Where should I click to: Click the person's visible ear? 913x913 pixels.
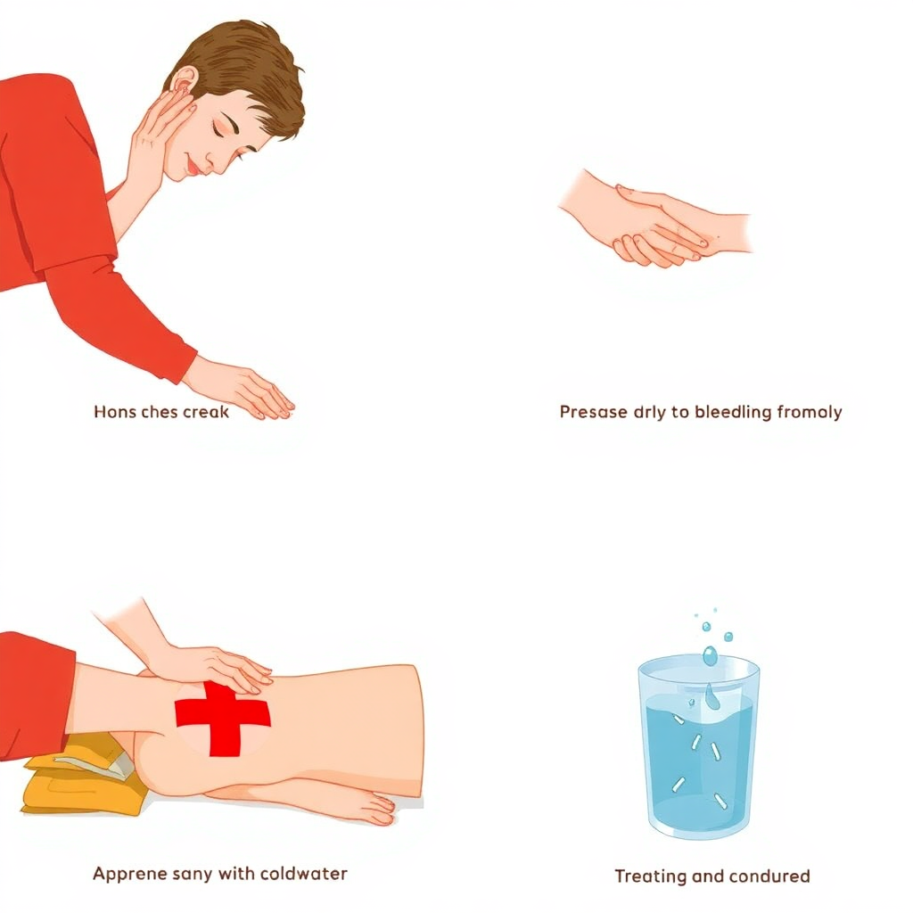185,81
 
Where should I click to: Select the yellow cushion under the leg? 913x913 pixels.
81,776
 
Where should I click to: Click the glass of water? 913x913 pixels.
699,746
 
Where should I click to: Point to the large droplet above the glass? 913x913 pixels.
711,655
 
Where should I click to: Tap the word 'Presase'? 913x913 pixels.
593,412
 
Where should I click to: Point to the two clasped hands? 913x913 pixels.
655,224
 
